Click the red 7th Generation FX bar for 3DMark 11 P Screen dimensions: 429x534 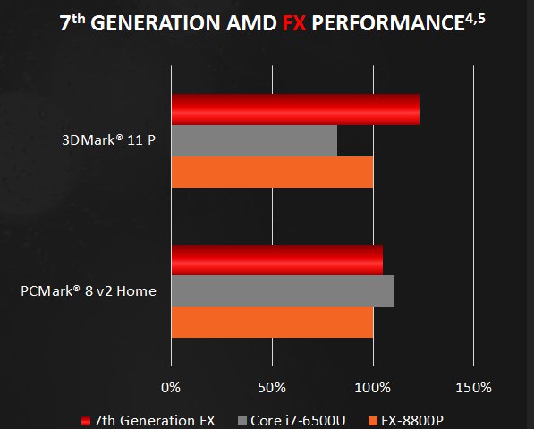(294, 109)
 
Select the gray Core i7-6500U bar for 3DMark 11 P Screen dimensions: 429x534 (253, 140)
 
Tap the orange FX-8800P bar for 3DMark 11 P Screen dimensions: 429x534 (271, 172)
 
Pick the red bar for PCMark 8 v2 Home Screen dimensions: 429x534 (276, 259)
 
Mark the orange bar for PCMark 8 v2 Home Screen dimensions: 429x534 (271, 322)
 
